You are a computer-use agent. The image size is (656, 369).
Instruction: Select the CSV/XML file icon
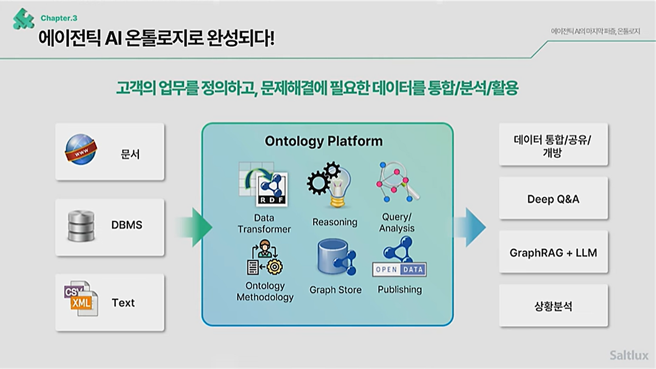tap(80, 299)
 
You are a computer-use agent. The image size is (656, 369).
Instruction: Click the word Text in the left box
tap(123, 303)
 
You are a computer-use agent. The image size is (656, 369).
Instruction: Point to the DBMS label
tap(127, 225)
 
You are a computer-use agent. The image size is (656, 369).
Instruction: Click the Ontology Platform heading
tap(323, 141)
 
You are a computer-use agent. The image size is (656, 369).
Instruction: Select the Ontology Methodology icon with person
tap(264, 258)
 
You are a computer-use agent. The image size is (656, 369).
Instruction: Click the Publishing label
tap(400, 289)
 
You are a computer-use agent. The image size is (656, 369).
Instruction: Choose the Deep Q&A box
tap(553, 199)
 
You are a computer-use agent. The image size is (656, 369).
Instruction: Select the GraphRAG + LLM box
tap(553, 253)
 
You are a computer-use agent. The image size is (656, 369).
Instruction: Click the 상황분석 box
tap(553, 306)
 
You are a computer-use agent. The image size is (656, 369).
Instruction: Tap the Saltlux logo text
tap(629, 355)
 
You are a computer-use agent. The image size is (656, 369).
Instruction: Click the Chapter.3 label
tap(59, 18)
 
